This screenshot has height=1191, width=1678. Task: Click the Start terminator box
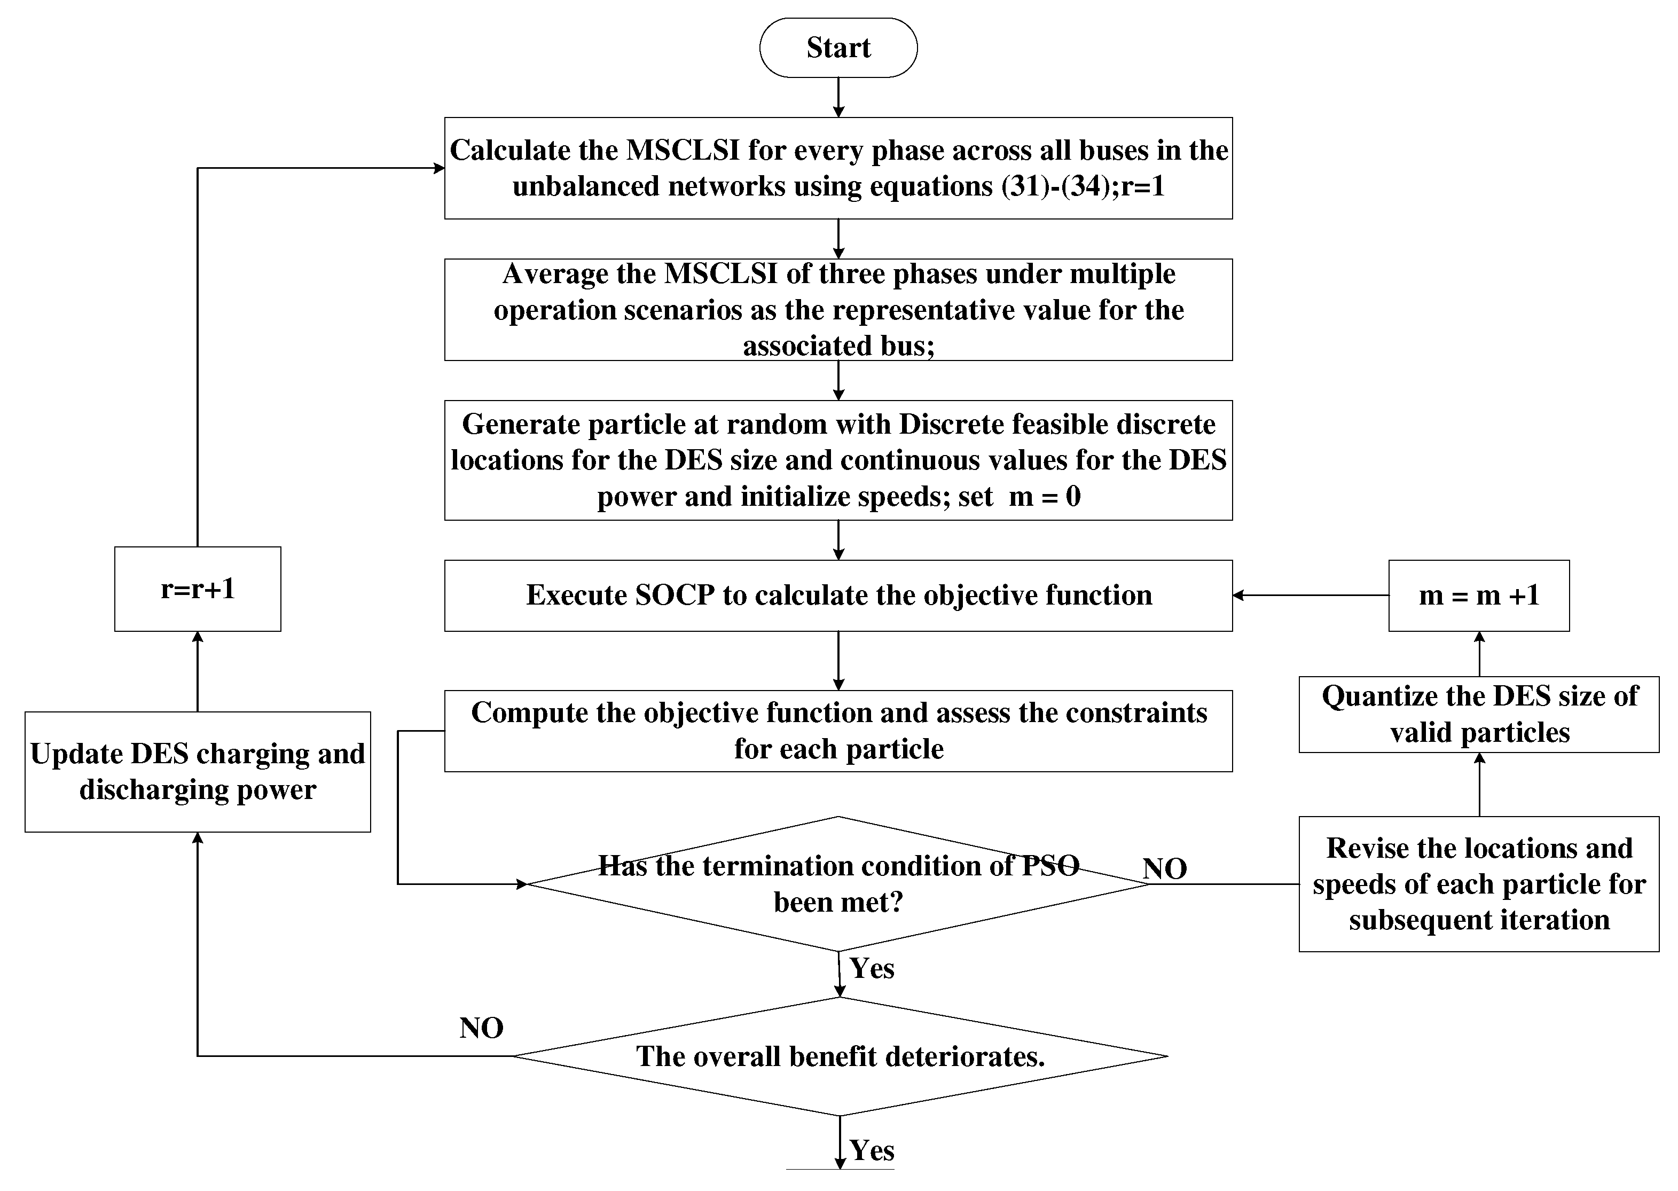[838, 48]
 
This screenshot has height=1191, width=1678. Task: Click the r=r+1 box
[197, 589]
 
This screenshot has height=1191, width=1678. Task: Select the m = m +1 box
[1478, 595]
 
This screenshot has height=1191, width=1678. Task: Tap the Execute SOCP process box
[838, 595]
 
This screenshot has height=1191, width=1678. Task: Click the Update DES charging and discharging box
[197, 772]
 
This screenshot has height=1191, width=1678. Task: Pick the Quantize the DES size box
[1478, 714]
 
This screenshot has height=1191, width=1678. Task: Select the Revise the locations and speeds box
[1478, 884]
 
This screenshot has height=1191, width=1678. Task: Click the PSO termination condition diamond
[838, 884]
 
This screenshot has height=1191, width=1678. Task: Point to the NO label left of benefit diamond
[481, 1028]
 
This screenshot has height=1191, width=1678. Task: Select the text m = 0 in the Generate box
[1045, 497]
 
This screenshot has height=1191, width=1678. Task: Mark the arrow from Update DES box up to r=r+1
[197, 671]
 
